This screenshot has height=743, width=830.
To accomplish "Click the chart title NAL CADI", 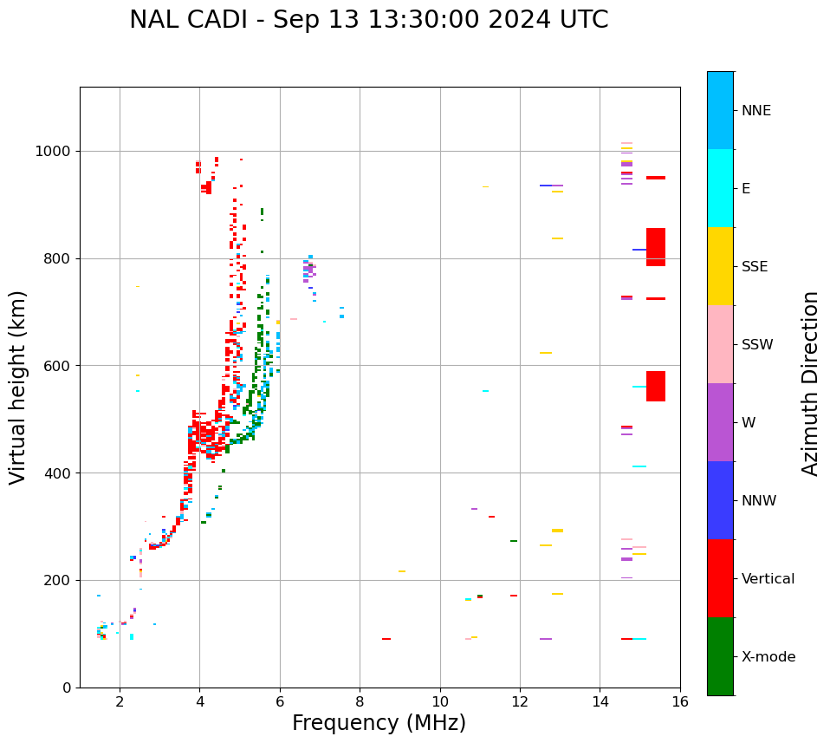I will (368, 20).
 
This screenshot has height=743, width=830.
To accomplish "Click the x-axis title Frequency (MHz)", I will (379, 723).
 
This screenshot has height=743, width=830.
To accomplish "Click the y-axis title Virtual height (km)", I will (18, 387).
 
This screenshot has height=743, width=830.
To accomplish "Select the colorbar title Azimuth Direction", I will (810, 383).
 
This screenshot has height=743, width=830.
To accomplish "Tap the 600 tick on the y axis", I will (62, 366).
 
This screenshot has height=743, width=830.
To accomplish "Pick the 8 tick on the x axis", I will (360, 701).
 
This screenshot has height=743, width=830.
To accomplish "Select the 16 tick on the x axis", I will (680, 701).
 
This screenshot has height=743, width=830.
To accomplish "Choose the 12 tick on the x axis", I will (520, 701).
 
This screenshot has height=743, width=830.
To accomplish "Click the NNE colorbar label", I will (755, 111).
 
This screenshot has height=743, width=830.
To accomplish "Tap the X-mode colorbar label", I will (768, 657).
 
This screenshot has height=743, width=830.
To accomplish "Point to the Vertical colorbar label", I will (768, 579).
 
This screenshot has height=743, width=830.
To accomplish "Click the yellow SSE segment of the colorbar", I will (720, 266).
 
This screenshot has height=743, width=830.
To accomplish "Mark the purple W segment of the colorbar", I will (720, 422).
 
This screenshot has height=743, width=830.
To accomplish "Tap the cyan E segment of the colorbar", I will (720, 188).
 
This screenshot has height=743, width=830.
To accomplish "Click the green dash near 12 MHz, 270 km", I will (514, 541).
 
